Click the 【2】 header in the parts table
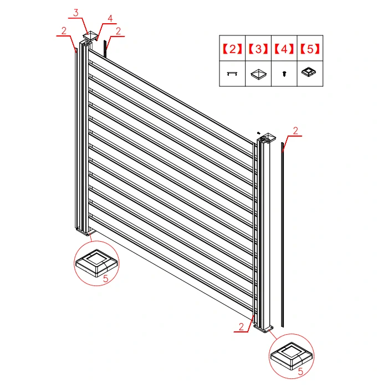click(232, 49)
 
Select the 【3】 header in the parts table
click(258, 49)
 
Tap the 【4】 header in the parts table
click(284, 49)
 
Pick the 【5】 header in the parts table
click(310, 49)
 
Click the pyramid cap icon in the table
click(258, 74)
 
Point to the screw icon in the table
click(284, 74)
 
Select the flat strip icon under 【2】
click(232, 74)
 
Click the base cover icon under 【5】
click(309, 72)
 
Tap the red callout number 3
click(76, 13)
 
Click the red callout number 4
click(110, 18)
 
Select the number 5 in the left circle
click(105, 278)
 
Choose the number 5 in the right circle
click(300, 371)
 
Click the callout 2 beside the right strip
click(295, 131)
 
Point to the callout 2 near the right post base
click(241, 326)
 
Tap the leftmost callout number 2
click(64, 30)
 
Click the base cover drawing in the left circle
click(96, 263)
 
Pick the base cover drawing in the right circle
click(292, 356)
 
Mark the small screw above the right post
click(258, 133)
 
